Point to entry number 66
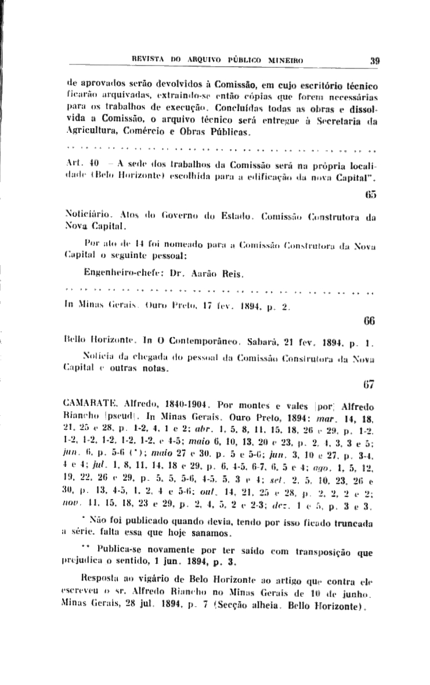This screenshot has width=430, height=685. (x=372, y=320)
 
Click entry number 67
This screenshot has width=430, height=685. (x=372, y=385)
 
